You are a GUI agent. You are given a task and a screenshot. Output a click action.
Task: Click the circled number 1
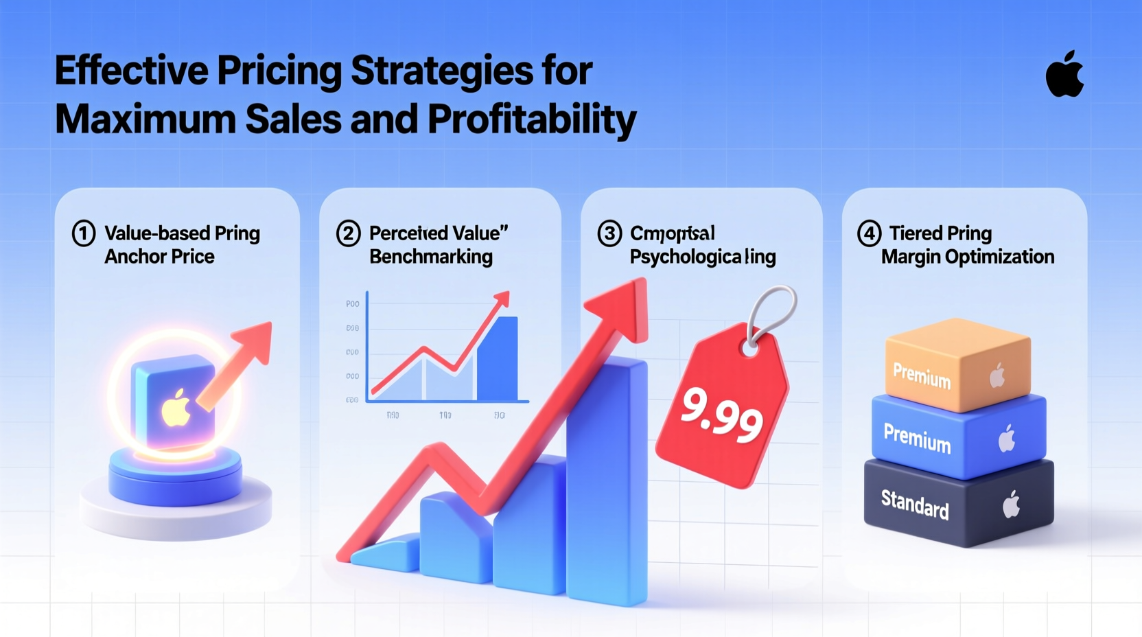coord(84,233)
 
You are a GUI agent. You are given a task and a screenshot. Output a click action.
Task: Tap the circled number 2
coord(348,233)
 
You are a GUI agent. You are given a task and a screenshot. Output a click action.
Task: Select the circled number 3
coord(609,233)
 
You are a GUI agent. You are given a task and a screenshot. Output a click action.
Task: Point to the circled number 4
coord(869,233)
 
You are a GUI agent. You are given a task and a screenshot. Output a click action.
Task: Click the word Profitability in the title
coord(532,119)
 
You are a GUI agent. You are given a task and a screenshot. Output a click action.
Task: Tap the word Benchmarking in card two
coord(431,257)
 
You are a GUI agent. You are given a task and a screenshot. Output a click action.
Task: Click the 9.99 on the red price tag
coord(722,414)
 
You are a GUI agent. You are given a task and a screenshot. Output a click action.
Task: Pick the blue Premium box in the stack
coord(957,437)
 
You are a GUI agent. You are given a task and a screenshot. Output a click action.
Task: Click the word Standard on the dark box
coord(915,504)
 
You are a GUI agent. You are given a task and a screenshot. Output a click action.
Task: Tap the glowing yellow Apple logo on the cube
coord(176,408)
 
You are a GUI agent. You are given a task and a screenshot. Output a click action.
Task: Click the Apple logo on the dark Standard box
coord(1011,505)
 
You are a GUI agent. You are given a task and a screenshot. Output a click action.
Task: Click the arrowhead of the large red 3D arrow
coord(623,309)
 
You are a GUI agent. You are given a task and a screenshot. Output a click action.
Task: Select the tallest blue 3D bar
coord(607,480)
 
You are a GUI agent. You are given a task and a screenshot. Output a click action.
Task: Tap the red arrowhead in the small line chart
coord(502,299)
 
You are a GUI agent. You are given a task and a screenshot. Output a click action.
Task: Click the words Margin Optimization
coord(968,257)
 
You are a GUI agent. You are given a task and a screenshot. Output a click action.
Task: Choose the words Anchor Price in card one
coord(159,257)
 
